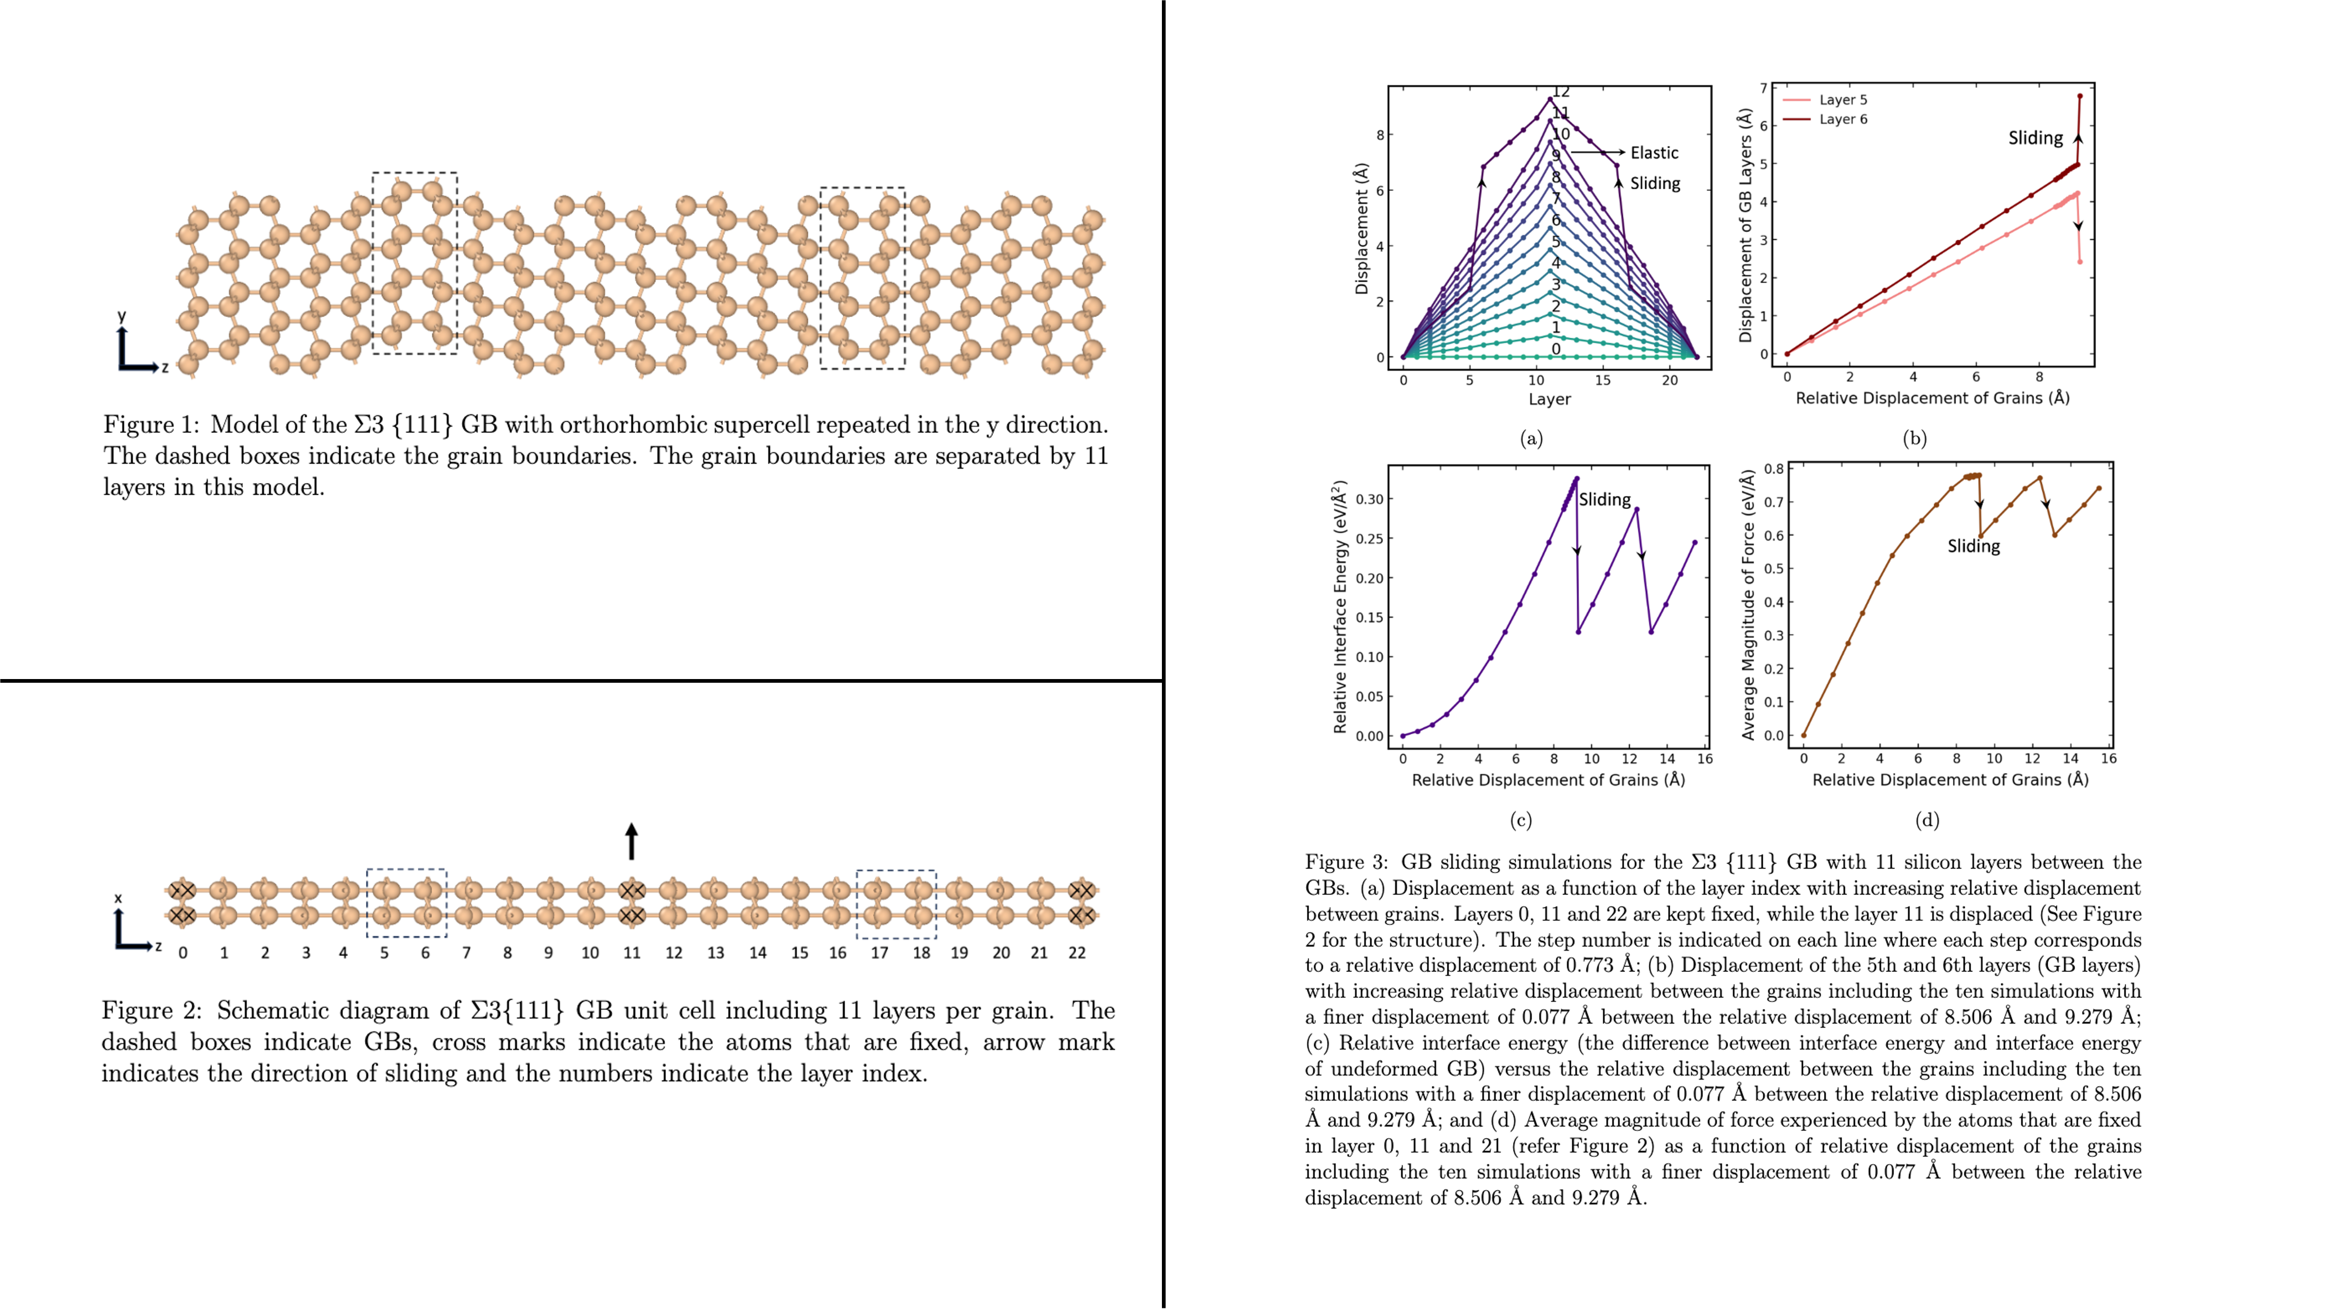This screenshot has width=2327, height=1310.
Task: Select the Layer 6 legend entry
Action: point(1842,119)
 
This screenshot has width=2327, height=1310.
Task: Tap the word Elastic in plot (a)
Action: point(1654,153)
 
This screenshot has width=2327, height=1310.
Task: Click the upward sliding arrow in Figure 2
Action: point(631,841)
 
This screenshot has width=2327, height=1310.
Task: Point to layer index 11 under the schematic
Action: point(631,952)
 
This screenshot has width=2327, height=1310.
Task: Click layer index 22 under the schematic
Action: point(1077,952)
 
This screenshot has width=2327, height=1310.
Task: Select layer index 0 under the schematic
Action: point(184,952)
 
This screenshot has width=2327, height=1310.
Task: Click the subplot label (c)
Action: point(1521,820)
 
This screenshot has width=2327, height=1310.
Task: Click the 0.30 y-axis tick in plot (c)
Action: point(1369,499)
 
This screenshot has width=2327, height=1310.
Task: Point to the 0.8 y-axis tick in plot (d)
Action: point(1773,469)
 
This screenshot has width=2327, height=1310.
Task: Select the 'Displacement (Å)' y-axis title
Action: point(1361,228)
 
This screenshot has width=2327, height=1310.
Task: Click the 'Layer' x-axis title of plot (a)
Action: point(1549,399)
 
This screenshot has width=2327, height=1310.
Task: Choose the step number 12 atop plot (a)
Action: point(1561,92)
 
